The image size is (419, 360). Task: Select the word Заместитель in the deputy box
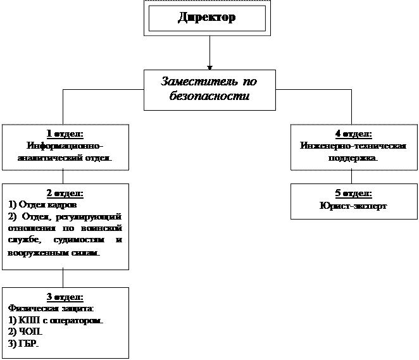pos(192,82)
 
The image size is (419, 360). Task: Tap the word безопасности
pos(209,97)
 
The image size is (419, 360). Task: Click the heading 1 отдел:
pos(65,133)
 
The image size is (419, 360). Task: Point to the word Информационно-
pos(65,145)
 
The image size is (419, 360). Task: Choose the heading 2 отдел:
pos(65,193)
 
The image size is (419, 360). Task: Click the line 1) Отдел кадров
pos(43,204)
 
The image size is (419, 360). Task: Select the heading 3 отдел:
pos(65,297)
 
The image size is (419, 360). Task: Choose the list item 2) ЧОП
pos(25,332)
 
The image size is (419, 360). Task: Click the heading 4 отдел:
pos(353,133)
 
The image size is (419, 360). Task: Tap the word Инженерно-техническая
pos(353,145)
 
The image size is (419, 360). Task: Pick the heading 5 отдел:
pos(353,193)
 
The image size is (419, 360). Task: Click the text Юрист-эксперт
pos(353,205)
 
